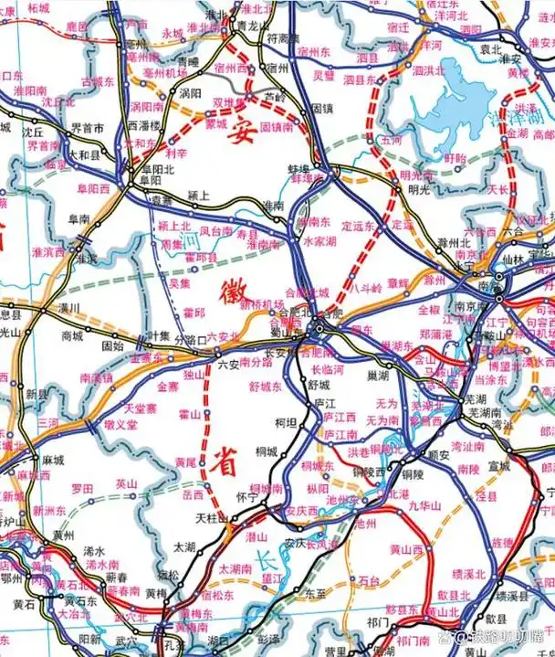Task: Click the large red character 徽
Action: pos(230,293)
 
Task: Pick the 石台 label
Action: pos(370,580)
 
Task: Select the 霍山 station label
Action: pos(188,416)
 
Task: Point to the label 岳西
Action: pos(193,493)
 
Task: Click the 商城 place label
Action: pos(73,335)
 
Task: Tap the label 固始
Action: pos(113,346)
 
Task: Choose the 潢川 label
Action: pos(69,308)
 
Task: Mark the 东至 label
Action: pos(315,592)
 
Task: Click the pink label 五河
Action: pos(392,141)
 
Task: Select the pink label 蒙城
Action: pos(215,122)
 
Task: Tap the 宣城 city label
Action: pos(472,464)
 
